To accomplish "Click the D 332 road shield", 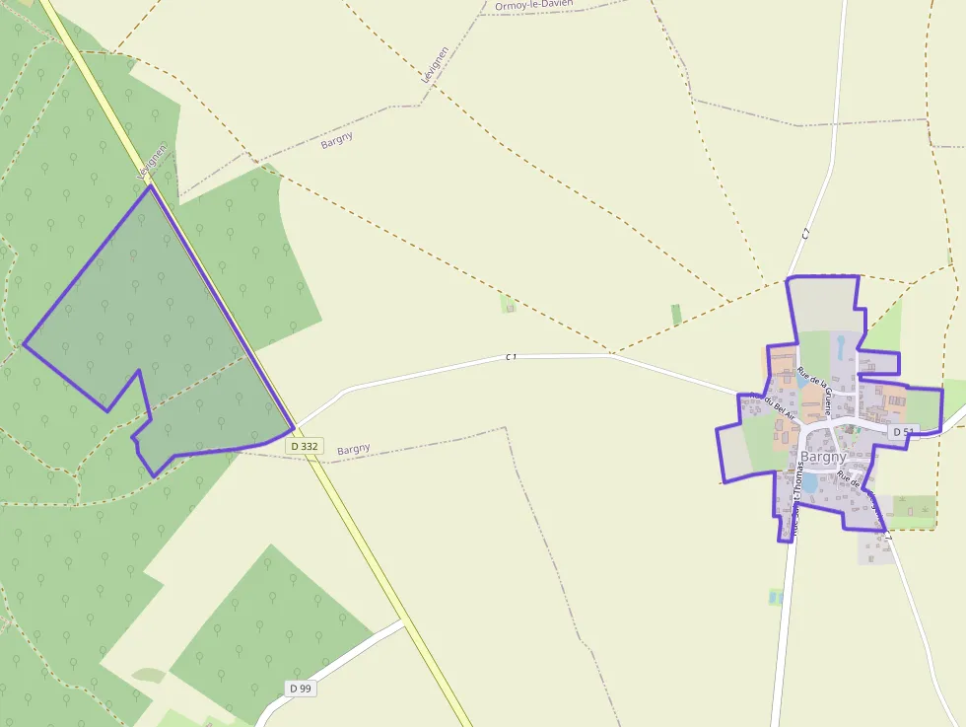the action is tap(306, 446).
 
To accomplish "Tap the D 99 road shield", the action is tap(301, 688).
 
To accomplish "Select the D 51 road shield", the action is tap(904, 432).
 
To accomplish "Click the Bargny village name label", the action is tap(823, 457).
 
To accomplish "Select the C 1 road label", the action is tap(511, 356).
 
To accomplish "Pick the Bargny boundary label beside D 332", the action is tap(353, 449).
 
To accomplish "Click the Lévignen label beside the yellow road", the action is tap(151, 163).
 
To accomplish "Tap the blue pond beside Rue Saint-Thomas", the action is tap(809, 482).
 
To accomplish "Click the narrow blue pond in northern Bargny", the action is tap(840, 346).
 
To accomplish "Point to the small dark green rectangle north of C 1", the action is tap(676, 315).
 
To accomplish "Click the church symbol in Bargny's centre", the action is tap(845, 429).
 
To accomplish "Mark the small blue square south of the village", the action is tap(775, 596).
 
